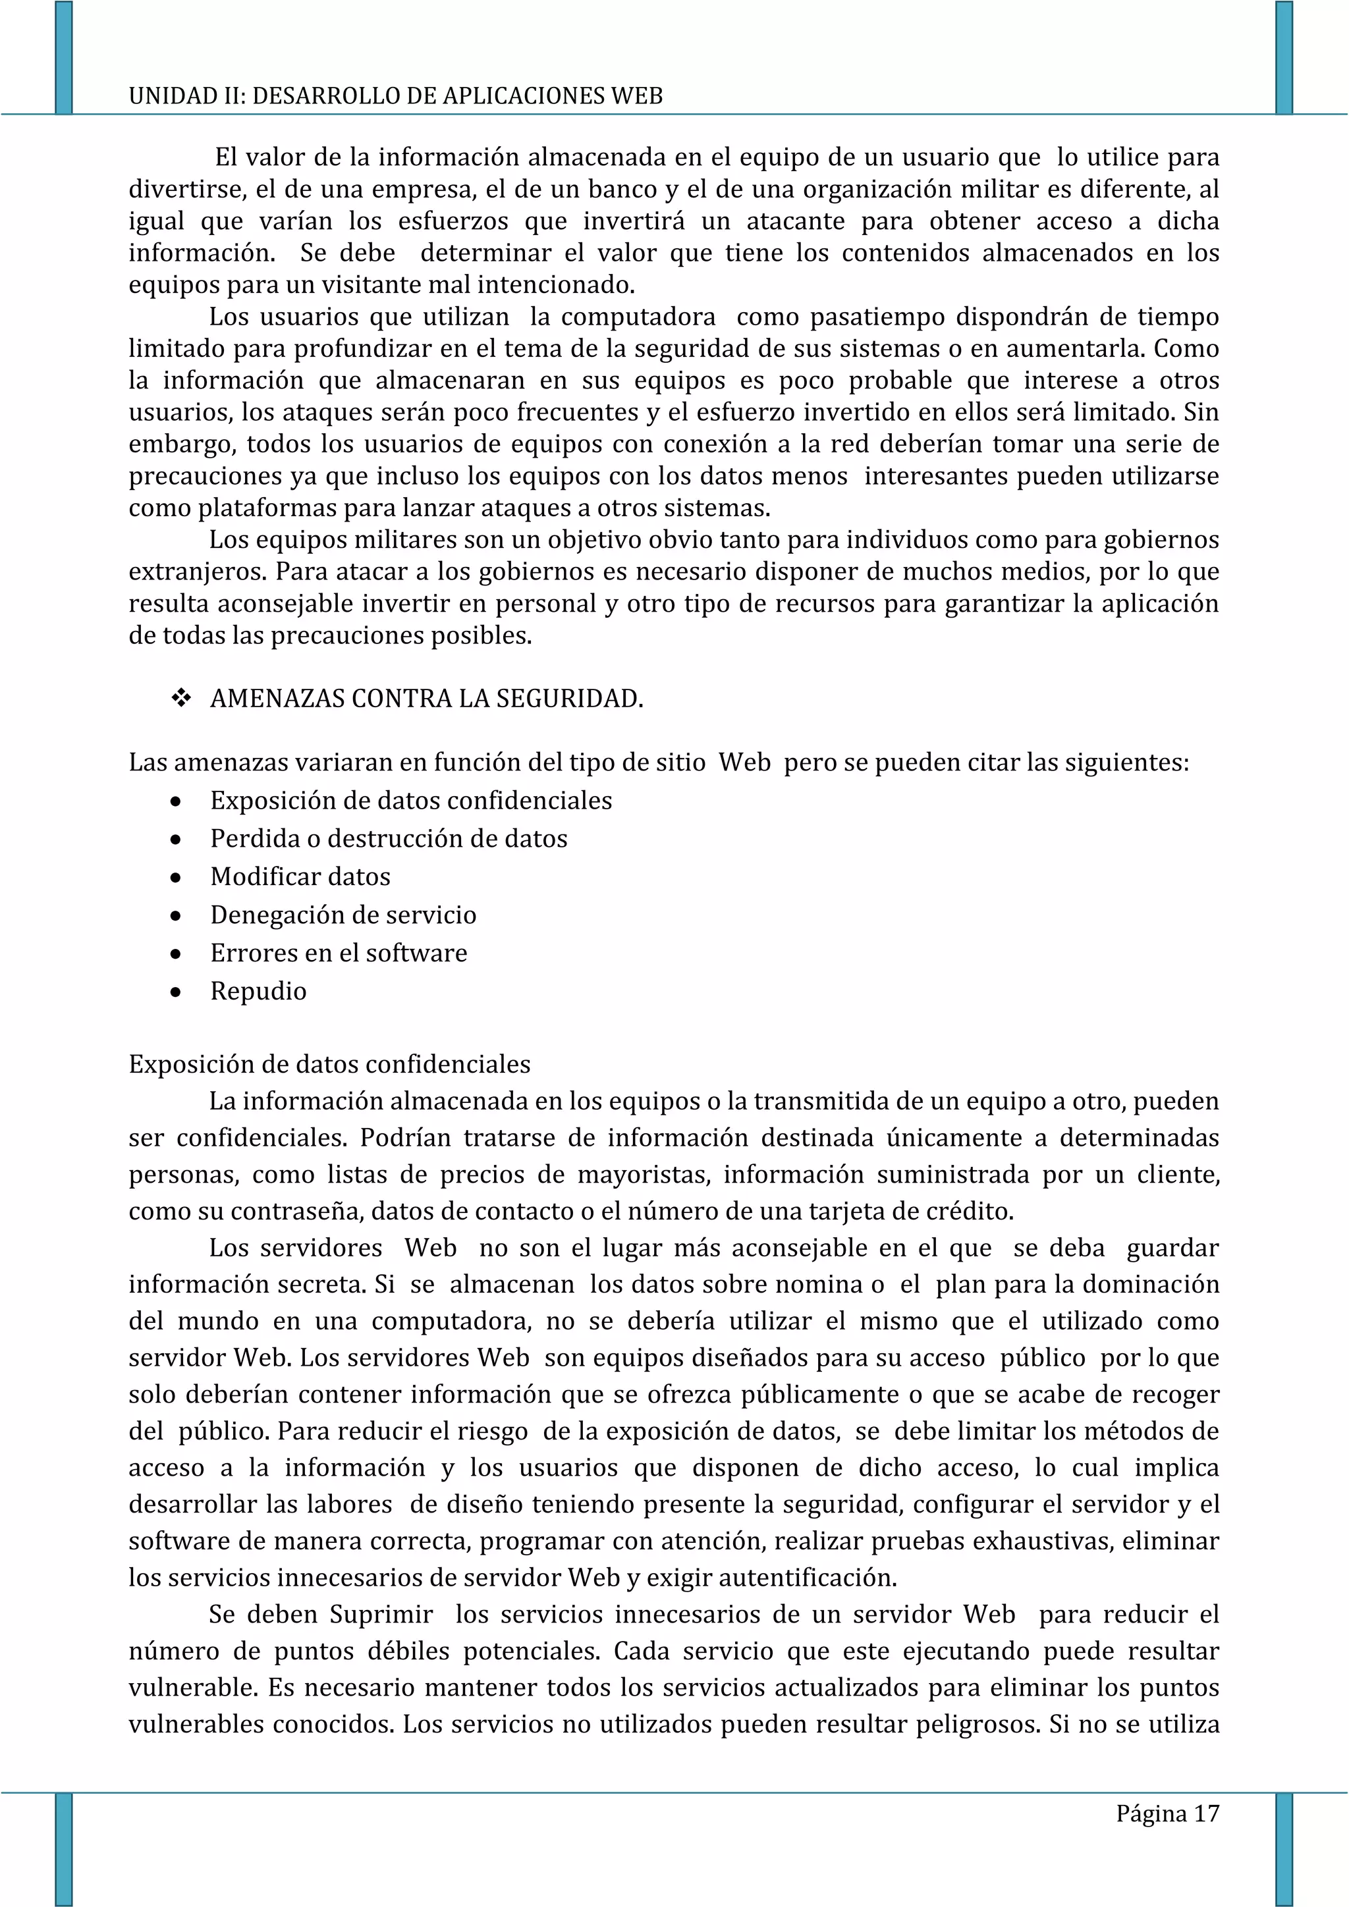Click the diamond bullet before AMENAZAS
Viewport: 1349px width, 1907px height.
tap(180, 699)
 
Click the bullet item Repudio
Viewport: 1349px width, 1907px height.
tap(258, 991)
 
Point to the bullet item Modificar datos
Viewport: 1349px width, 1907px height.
tap(300, 876)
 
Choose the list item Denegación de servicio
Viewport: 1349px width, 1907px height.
tap(343, 915)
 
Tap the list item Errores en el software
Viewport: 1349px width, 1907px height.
tap(338, 953)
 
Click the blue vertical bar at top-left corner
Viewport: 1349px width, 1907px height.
tap(64, 57)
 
